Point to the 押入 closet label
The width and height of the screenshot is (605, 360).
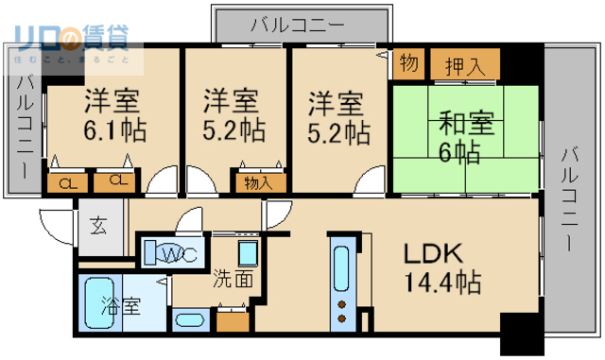coord(465,66)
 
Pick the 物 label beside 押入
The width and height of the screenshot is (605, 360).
coord(409,63)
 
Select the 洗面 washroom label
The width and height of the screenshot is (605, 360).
coord(231,279)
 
